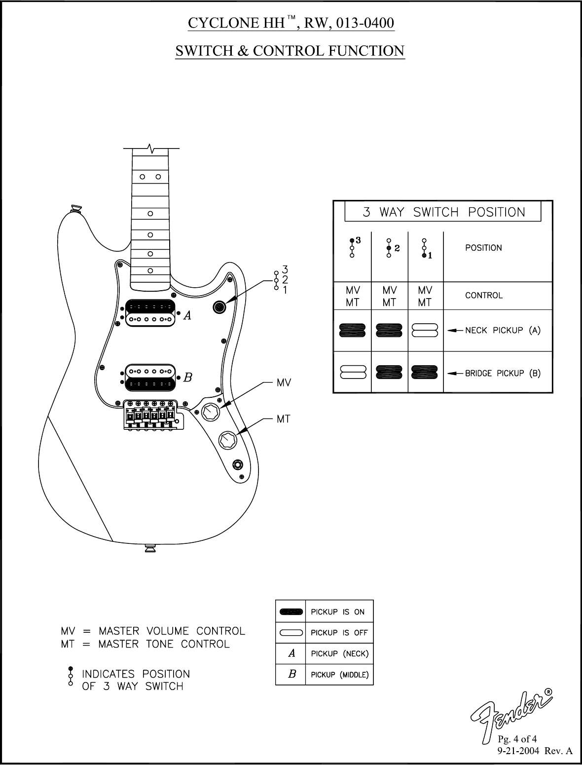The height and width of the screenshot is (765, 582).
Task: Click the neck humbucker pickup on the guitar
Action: coord(151,313)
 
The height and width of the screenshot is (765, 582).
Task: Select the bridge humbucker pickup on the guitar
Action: coord(151,377)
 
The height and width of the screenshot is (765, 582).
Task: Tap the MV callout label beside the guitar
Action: coord(284,382)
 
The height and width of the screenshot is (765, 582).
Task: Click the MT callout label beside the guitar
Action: coord(283,419)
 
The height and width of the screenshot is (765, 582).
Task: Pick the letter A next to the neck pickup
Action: coord(187,316)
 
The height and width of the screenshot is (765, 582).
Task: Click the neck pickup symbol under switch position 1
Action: coord(425,330)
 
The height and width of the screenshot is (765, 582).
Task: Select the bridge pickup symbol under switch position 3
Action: coord(352,372)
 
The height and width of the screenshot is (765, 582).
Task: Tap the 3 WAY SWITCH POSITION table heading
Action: coord(443,212)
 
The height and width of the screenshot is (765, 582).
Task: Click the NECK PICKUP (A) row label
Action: coord(503,330)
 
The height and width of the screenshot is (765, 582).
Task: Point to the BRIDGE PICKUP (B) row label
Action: coord(503,373)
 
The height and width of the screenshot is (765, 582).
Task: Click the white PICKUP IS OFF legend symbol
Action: coord(291,633)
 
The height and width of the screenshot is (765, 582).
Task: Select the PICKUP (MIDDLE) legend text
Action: coord(339,675)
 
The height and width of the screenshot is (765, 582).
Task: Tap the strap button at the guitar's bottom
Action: coord(150,547)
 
